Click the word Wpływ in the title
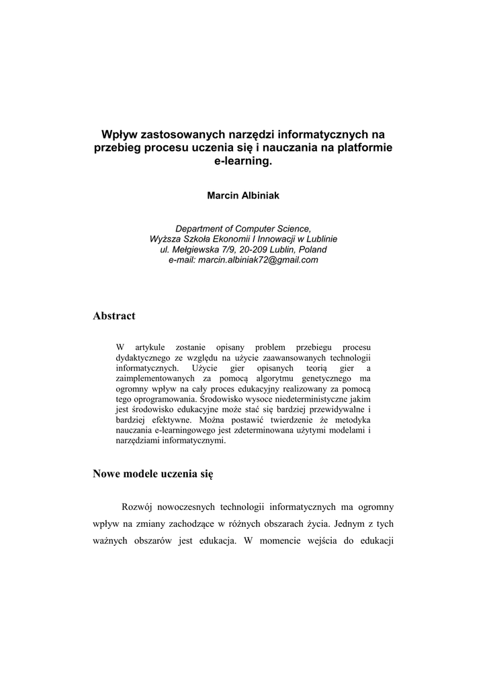pyautogui.click(x=118, y=135)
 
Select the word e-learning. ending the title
pyautogui.click(x=243, y=162)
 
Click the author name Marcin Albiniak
pyautogui.click(x=243, y=195)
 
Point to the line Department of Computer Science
pyautogui.click(x=243, y=229)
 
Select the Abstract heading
pyautogui.click(x=114, y=316)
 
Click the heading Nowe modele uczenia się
pyautogui.click(x=152, y=474)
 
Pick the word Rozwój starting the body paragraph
pyautogui.click(x=136, y=506)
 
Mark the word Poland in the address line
pyautogui.click(x=313, y=250)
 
